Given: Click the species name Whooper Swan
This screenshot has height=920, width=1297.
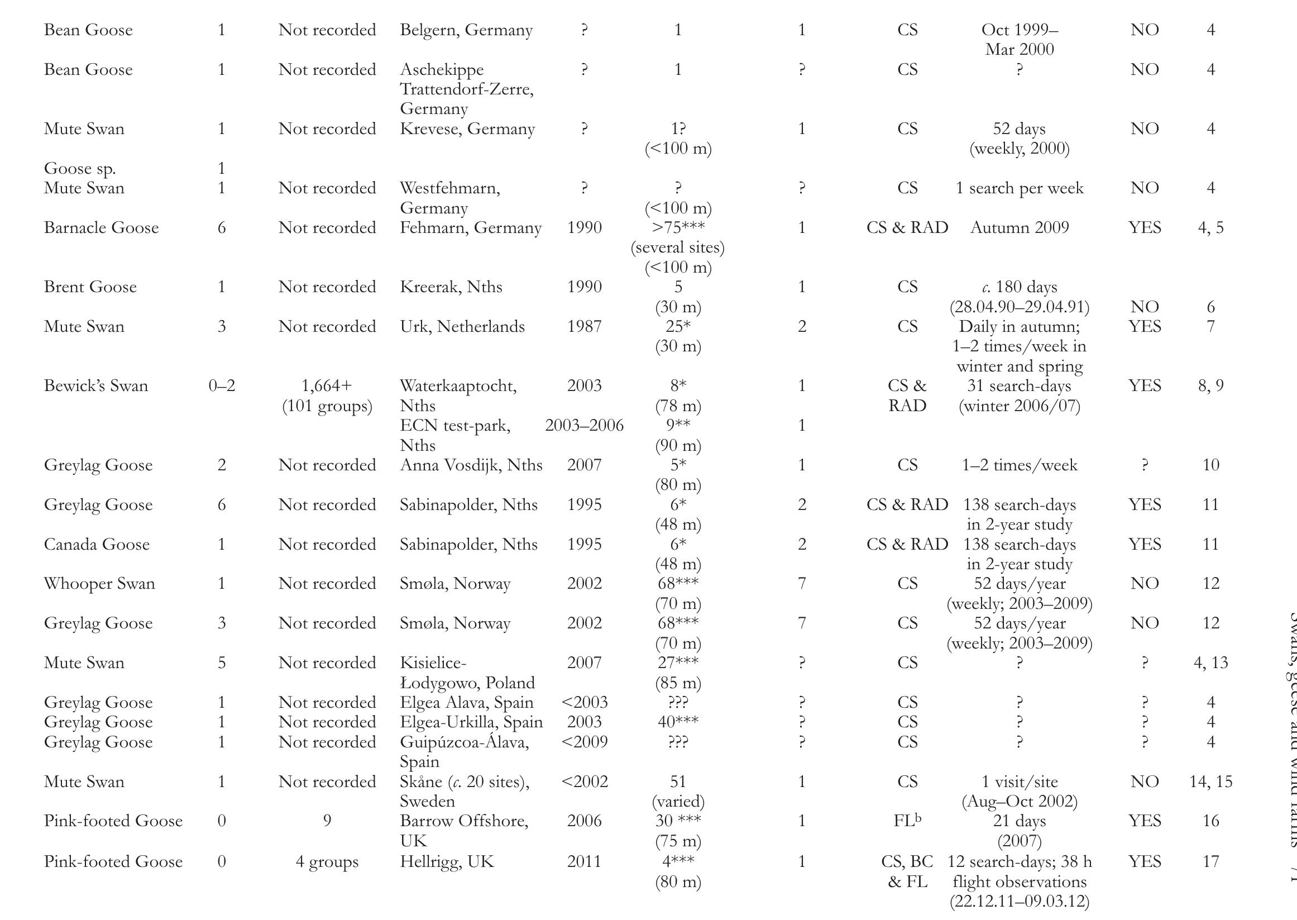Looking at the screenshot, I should (99, 584).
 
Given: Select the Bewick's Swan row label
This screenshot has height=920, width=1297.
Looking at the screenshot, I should (95, 386).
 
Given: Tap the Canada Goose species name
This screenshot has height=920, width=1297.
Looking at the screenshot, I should (97, 545).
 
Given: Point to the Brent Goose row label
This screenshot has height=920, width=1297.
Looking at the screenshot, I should (90, 287).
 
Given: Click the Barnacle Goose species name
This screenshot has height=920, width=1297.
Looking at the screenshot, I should (102, 228).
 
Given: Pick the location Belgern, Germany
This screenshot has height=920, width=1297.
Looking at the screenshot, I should (466, 30).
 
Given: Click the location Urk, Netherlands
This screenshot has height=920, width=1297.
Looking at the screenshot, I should (462, 326).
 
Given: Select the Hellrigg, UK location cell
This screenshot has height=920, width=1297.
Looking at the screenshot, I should (447, 862).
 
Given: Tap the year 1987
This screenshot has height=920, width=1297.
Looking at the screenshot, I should (584, 326).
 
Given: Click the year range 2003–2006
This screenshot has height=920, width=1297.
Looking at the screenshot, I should (584, 426).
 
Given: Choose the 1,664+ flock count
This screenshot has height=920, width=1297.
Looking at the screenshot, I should (327, 386).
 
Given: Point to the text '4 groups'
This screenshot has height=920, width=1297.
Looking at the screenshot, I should (327, 862).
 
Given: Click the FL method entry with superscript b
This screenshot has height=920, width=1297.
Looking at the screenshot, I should (907, 821).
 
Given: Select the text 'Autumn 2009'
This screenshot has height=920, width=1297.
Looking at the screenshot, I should (1019, 228).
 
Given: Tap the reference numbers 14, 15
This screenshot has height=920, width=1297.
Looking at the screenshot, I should (1210, 782).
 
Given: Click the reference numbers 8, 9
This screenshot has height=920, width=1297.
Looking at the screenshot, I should (1210, 386).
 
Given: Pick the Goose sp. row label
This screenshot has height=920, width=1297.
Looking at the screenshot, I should (80, 168).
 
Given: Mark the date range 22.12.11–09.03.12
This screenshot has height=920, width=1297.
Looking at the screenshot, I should (1019, 902).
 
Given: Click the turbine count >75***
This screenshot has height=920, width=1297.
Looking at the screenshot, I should (678, 228).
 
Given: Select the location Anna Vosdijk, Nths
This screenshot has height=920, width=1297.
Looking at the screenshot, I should (471, 465).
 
